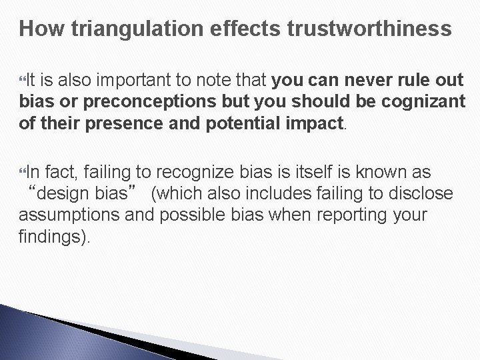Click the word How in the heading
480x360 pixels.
pyautogui.click(x=39, y=29)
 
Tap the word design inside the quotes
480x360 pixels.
pyautogui.click(x=67, y=195)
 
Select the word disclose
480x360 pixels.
pyautogui.click(x=419, y=195)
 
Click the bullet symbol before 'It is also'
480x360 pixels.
pyautogui.click(x=25, y=81)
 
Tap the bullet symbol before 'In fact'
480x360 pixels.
pyautogui.click(x=25, y=173)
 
